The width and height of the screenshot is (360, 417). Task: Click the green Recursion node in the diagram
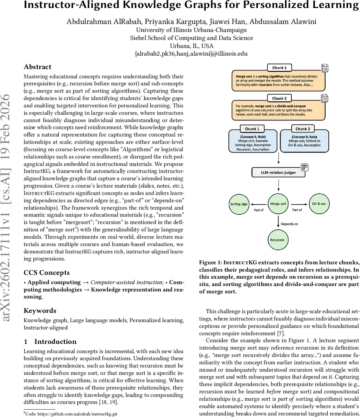277,240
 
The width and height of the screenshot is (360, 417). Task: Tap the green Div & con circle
318,204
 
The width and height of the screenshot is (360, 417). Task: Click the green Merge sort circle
278,204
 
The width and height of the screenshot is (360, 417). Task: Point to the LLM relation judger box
278,172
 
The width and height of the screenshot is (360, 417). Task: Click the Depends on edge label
289,224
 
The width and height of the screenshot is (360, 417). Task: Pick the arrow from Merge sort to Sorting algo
259,204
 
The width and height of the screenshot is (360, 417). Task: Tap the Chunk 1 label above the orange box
279,68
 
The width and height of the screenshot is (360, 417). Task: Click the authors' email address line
191,54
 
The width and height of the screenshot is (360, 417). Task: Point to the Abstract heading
37,67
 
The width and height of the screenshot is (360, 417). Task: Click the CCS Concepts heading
47,273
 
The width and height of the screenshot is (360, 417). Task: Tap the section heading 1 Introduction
50,342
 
